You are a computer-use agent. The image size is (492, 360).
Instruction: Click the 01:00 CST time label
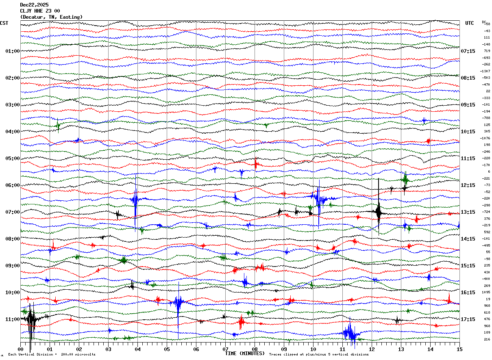[x=13, y=51]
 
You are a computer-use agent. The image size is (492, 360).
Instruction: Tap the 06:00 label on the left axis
[x=13, y=185]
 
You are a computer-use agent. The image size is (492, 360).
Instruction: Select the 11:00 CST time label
[x=13, y=319]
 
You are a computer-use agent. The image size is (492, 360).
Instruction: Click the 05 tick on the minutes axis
[x=167, y=349]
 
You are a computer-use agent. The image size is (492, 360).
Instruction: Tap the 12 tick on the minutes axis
[x=372, y=349]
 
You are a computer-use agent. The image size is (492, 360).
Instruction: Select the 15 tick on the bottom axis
[x=459, y=349]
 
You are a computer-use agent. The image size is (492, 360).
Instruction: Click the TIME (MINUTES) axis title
[x=245, y=353]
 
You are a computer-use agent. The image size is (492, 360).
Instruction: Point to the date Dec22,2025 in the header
[x=34, y=5]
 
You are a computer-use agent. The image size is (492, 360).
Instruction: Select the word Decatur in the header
[x=33, y=17]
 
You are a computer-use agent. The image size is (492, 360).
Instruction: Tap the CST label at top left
[x=4, y=23]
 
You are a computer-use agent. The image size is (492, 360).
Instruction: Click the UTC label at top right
[x=470, y=23]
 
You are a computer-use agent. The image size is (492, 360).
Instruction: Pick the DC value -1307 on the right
[x=485, y=71]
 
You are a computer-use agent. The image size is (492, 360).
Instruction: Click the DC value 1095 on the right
[x=486, y=292]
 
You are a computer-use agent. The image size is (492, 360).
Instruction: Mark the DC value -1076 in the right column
[x=485, y=138]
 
